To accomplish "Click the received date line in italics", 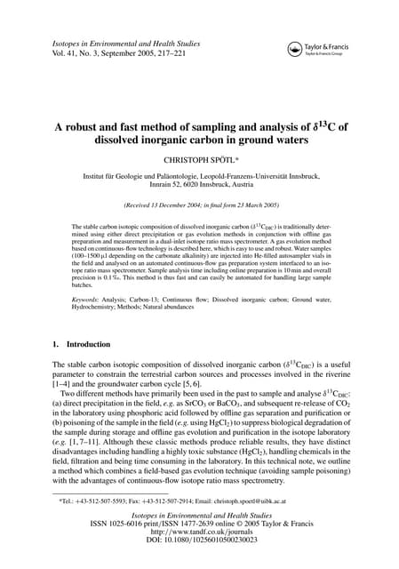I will click(x=199, y=204).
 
